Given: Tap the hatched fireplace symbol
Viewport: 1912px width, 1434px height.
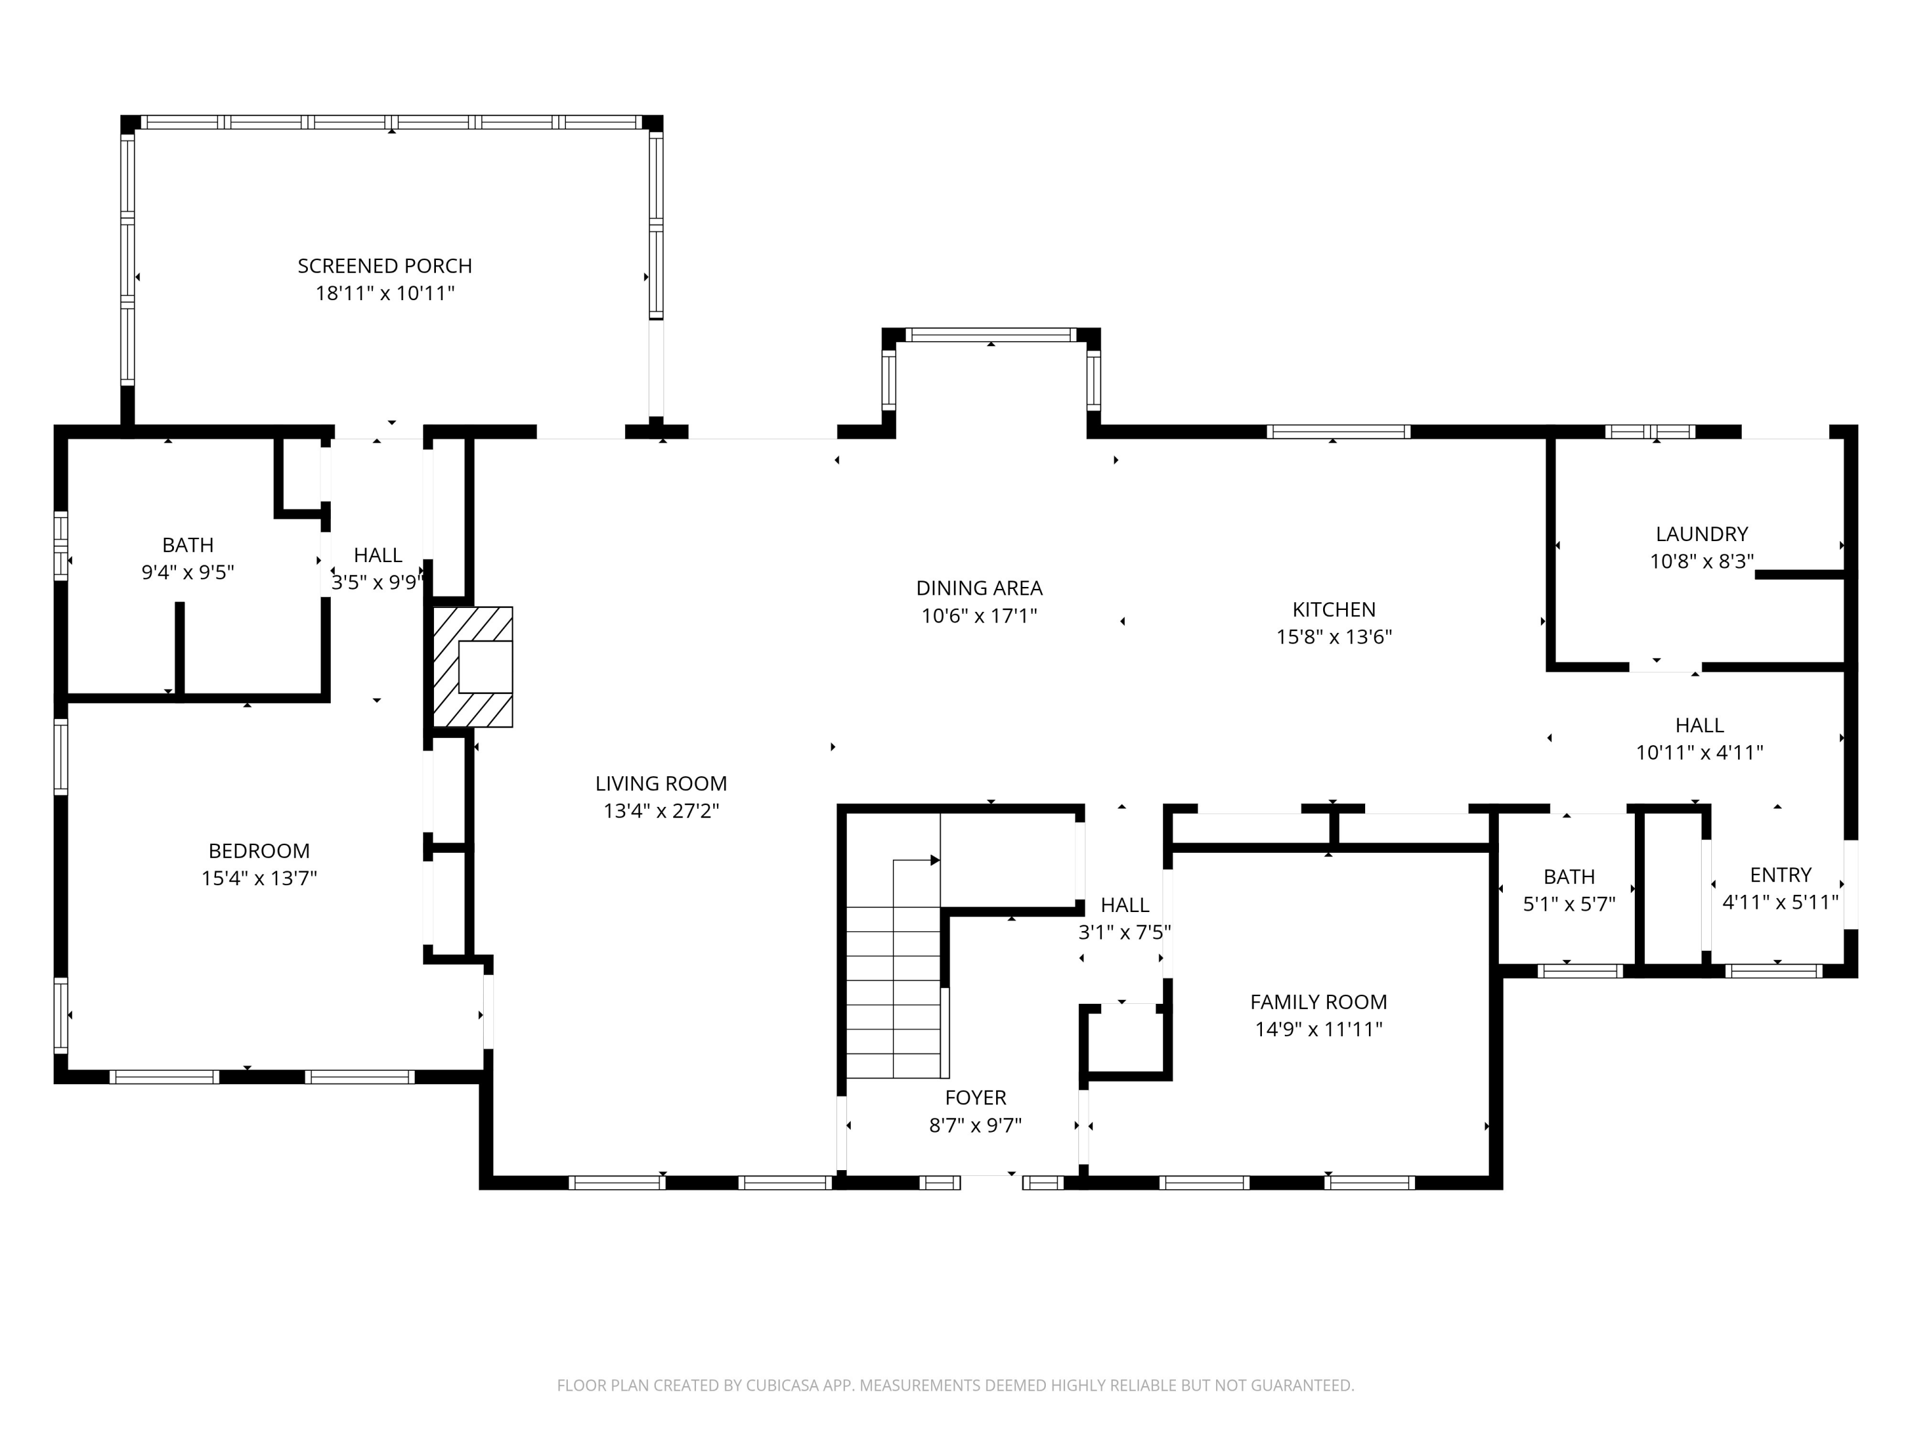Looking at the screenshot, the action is pos(472,667).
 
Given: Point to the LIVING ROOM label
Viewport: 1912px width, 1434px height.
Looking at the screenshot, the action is pos(662,783).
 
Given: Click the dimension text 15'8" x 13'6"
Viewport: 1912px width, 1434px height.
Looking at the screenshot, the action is pos(1334,637).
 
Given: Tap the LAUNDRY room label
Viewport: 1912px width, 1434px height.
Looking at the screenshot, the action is pos(1702,534).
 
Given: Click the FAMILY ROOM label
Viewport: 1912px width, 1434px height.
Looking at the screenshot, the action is pos(1318,1002).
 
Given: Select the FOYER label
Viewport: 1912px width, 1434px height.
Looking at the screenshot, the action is pos(975,1097).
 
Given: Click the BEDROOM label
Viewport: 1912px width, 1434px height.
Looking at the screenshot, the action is pos(259,851).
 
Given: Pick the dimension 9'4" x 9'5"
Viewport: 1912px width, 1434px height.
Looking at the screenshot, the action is pos(187,572).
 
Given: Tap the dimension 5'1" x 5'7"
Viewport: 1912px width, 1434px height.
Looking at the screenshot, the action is pos(1569,904).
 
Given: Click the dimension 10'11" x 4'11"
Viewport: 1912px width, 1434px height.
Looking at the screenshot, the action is pos(1699,753).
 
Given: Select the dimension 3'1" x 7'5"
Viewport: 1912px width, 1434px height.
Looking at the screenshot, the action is pos(1124,932).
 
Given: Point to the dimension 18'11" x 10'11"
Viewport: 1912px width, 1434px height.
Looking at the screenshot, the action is pos(385,293).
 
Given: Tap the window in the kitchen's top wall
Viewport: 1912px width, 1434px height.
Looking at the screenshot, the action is pos(1338,431).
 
